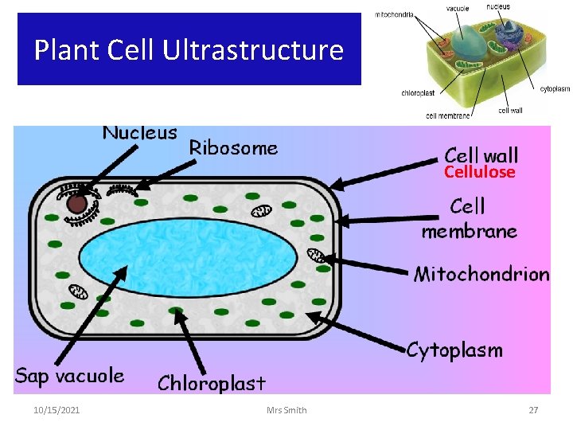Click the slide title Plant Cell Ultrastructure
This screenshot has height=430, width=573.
189,50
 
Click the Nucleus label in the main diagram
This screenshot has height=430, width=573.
139,132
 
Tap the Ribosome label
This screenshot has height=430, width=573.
233,147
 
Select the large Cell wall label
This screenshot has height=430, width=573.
481,154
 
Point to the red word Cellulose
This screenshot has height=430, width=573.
479,172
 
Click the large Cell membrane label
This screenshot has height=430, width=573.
469,219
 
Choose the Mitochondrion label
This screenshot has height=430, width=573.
481,275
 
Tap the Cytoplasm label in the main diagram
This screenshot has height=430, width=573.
454,350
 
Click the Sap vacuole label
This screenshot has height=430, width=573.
69,376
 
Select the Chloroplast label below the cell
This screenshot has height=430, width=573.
211,383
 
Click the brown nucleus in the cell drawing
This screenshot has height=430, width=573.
76,204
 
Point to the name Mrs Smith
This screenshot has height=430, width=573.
287,410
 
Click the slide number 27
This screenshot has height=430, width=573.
534,410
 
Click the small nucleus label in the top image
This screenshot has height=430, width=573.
498,7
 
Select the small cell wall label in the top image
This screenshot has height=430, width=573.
510,110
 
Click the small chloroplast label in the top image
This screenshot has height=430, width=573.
418,93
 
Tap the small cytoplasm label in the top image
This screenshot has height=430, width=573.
555,89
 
